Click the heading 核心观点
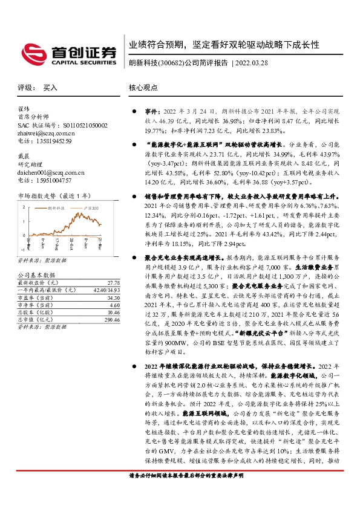143,88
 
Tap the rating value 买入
50,88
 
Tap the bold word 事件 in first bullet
151,112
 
